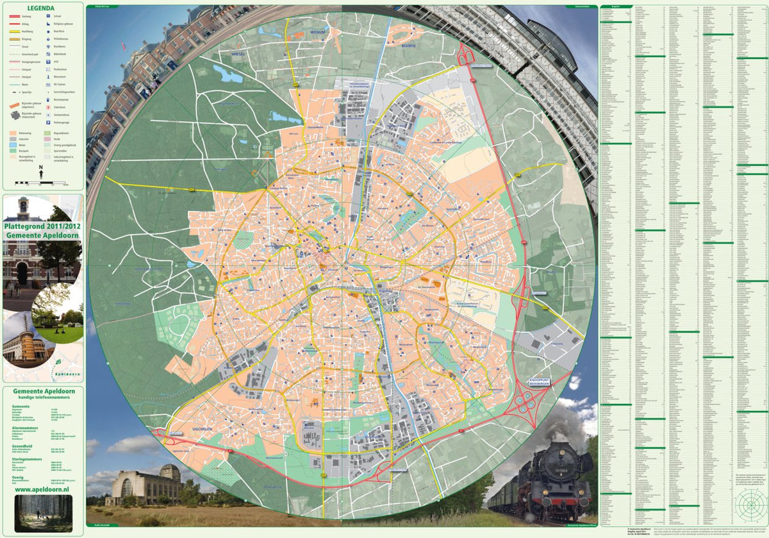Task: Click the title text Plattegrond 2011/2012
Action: (42, 226)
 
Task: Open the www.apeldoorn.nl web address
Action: (42, 489)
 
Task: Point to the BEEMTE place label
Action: (408, 46)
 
